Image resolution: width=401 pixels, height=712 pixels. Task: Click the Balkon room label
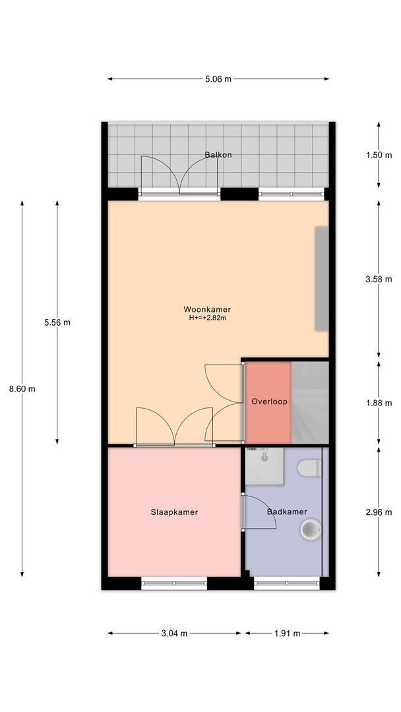tap(218, 155)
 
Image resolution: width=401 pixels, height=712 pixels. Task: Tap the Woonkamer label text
tap(207, 310)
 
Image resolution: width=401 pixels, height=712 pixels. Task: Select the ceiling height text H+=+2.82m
tap(208, 318)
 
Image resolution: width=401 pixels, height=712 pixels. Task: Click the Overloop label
tap(269, 401)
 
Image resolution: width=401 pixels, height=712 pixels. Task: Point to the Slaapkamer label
tap(174, 512)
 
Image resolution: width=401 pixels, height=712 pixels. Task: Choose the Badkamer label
tap(287, 512)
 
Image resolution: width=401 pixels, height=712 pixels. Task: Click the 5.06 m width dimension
tap(218, 79)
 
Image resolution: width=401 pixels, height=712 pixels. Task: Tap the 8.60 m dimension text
tap(22, 389)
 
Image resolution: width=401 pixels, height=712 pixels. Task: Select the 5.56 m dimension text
tap(57, 323)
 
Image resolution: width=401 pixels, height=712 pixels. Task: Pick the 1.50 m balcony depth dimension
tap(379, 156)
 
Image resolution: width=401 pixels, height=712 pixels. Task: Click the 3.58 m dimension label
tap(379, 280)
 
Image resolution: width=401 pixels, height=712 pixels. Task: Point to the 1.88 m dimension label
tap(379, 403)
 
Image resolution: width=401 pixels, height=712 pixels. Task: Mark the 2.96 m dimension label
tap(379, 512)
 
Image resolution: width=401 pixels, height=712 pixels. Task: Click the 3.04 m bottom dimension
tap(174, 634)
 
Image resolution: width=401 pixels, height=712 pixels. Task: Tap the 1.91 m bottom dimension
tap(287, 634)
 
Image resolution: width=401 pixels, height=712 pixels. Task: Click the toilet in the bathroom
tap(310, 468)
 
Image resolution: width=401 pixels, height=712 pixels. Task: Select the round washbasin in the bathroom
tap(311, 529)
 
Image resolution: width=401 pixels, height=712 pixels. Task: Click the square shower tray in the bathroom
tap(264, 466)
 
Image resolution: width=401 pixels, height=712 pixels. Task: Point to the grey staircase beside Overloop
tap(310, 402)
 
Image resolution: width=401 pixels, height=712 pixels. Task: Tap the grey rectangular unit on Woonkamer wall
tap(322, 278)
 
